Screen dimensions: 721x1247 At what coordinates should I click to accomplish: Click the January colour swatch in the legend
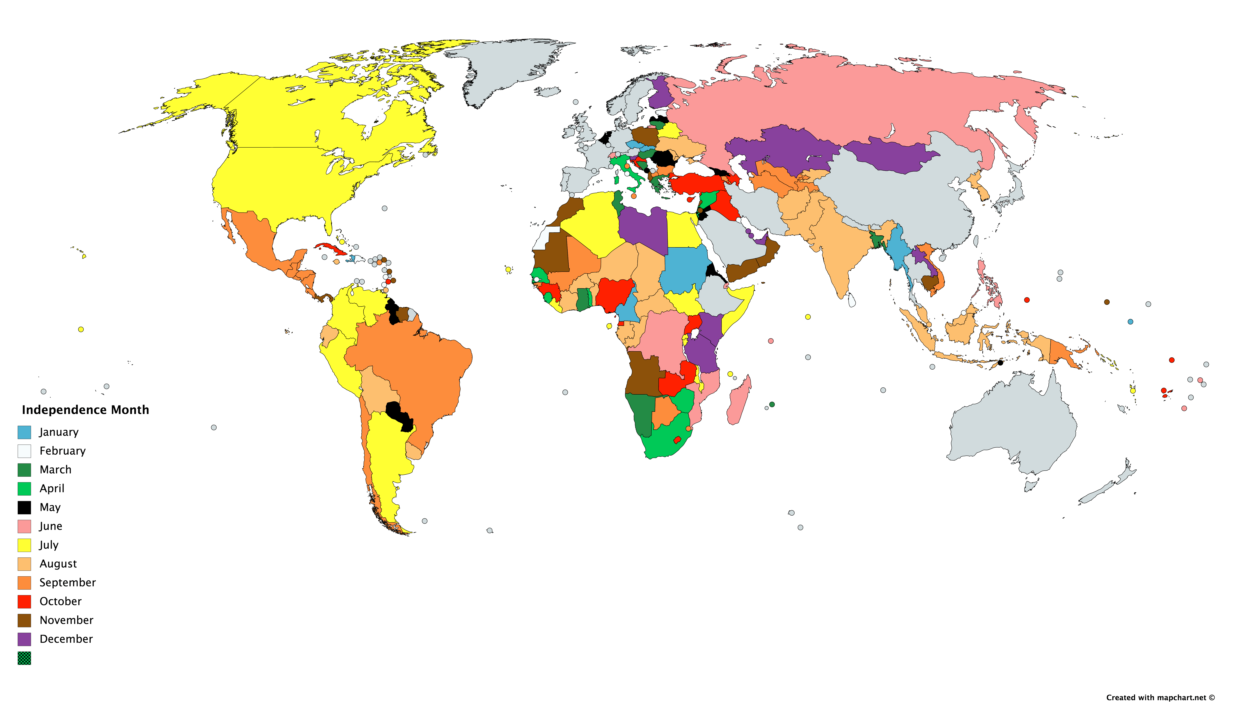pyautogui.click(x=24, y=432)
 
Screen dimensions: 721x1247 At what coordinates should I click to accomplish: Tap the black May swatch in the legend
pyautogui.click(x=24, y=507)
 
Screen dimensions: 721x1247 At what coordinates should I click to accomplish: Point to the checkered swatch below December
pyautogui.click(x=24, y=658)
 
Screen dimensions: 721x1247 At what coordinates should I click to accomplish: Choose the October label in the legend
pyautogui.click(x=60, y=602)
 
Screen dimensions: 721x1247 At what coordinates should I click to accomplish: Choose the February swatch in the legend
pyautogui.click(x=24, y=451)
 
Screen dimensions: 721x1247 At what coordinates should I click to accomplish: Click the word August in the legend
pyautogui.click(x=58, y=564)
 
